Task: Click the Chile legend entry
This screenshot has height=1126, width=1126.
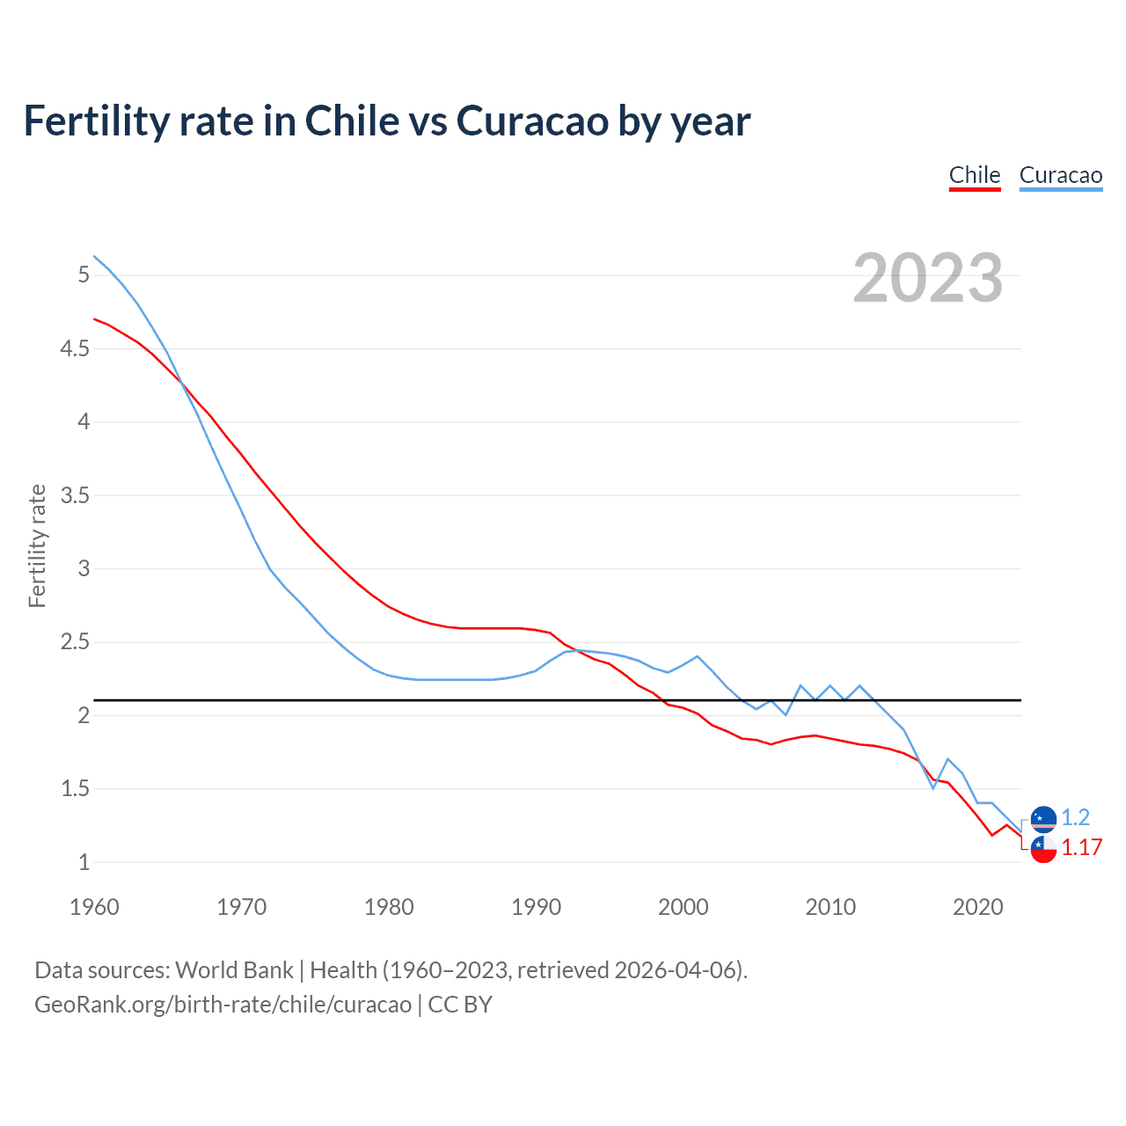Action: pos(975,175)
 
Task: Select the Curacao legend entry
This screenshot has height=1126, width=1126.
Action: pos(1060,175)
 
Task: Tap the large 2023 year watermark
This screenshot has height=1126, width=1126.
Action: pos(927,278)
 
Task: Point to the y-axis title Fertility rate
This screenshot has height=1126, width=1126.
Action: pos(37,545)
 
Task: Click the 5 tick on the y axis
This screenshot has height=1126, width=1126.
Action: pos(84,275)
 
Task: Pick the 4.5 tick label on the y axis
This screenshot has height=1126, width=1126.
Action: pos(76,349)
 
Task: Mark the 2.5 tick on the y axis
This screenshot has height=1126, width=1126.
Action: pos(76,642)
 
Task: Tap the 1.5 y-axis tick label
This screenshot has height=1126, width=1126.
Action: pos(76,789)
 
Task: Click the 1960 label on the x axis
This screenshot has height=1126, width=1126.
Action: pos(94,907)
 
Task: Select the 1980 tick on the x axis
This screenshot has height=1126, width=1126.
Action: pos(389,907)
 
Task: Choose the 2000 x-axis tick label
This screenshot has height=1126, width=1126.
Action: pos(683,907)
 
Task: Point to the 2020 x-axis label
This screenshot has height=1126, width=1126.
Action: pos(977,907)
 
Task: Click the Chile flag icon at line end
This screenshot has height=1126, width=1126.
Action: pos(1043,849)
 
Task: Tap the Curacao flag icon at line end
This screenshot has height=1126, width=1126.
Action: pos(1043,819)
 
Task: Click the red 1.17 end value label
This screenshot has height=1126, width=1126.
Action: pos(1082,847)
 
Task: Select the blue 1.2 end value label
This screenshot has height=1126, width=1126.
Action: pos(1075,817)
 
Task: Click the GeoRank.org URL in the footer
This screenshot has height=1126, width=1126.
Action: pos(223,1005)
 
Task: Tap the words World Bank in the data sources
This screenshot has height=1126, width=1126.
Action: pos(234,970)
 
